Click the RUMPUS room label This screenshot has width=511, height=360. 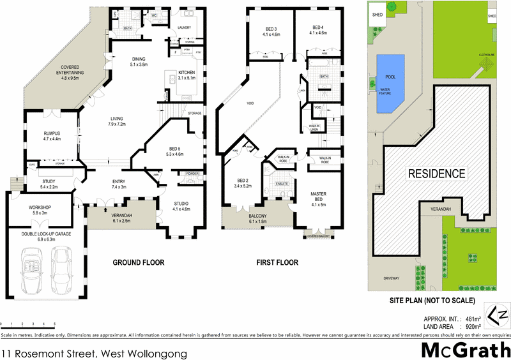52,135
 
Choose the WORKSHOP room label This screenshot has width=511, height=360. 40,210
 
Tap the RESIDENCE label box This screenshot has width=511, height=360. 437,173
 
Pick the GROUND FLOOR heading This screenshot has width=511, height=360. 139,262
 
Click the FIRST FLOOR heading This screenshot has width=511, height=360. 277,262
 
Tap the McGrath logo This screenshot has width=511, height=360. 465,350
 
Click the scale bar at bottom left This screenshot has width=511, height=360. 28,325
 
